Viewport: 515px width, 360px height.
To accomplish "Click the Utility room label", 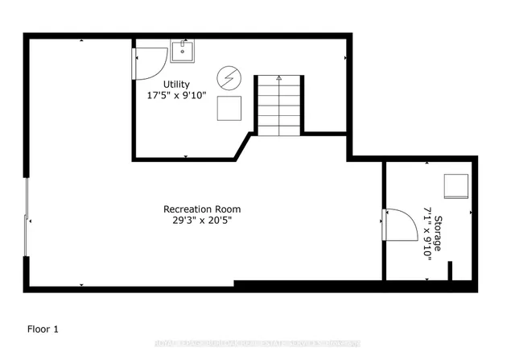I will (x=177, y=83).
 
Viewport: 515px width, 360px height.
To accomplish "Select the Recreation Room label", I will (x=202, y=209).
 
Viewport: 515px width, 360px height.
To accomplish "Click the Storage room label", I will (x=439, y=234).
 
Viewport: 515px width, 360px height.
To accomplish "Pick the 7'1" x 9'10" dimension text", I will (x=427, y=234).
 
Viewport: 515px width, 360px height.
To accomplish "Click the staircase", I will (x=279, y=106).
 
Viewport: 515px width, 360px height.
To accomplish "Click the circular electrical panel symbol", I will (x=228, y=79).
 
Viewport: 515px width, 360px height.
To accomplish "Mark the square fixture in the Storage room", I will (x=455, y=186).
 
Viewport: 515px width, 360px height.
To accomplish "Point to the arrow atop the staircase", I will (x=279, y=78).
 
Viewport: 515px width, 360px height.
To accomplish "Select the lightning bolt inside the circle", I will (x=228, y=79).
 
